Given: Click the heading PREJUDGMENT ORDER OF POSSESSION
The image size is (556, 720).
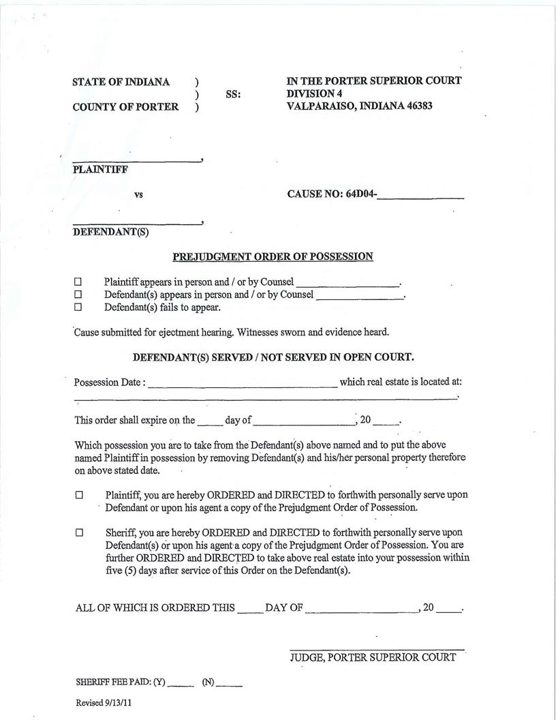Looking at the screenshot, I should (273, 257).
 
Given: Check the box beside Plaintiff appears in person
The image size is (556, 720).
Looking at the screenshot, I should (78, 282).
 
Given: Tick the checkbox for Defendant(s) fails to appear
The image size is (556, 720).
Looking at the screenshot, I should (78, 307).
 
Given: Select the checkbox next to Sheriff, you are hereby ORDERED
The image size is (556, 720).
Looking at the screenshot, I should (78, 532).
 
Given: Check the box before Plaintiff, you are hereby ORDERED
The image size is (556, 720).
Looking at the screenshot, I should (78, 495).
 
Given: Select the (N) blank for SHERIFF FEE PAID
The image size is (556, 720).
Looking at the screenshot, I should (229, 684).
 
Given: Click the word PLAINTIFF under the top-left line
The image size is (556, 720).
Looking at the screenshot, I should (99, 170).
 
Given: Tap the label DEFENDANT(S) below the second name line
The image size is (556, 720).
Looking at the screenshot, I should (110, 232).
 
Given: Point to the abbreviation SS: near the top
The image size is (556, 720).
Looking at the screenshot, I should (233, 95).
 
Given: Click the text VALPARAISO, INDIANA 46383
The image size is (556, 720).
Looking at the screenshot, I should (359, 106).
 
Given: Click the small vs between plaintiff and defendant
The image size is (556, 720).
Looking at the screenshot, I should (138, 195).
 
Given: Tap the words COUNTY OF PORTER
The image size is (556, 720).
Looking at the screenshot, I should (125, 107).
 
